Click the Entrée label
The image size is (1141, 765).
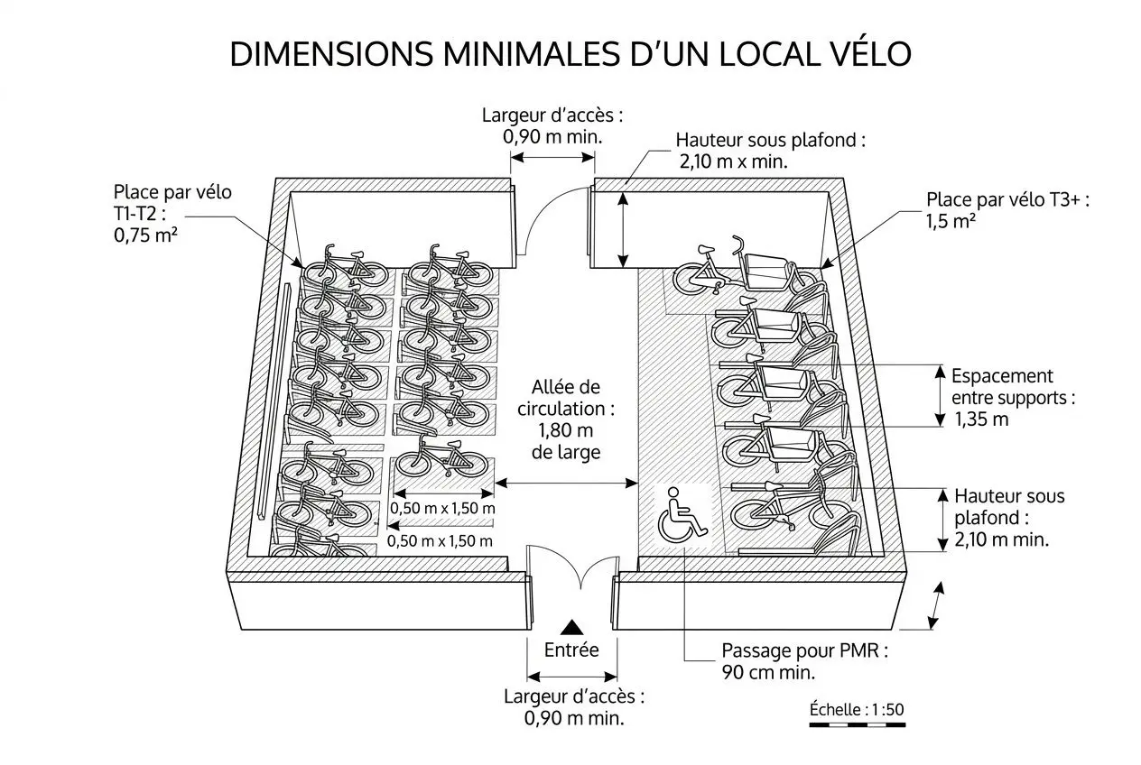[x=571, y=650]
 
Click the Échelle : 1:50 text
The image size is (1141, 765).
[x=856, y=709]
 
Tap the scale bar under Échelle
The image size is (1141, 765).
[x=856, y=724]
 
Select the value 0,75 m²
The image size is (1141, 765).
[x=145, y=237]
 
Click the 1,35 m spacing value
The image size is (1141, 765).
[x=982, y=419]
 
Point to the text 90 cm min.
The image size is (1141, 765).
[x=768, y=672]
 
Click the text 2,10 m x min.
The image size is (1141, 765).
[x=732, y=162]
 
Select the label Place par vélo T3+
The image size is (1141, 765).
[x=1007, y=200]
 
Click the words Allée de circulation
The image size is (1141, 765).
[x=566, y=398]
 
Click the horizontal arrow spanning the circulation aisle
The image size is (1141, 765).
[x=566, y=484]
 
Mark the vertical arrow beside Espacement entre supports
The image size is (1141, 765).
[x=935, y=395]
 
